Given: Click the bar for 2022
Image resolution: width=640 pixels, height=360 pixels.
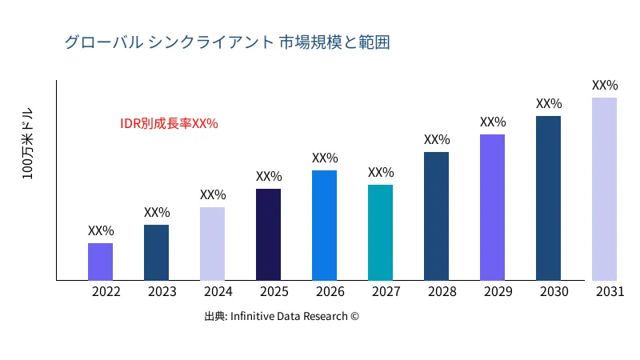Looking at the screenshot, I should click(x=100, y=262).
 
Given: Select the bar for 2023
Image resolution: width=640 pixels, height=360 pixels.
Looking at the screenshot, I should click(x=156, y=253).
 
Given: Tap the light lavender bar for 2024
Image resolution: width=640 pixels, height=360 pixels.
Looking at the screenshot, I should click(x=212, y=244).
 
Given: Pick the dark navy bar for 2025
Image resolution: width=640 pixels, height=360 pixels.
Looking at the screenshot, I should click(x=268, y=234).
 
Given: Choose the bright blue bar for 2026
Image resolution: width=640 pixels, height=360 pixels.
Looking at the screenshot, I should click(x=324, y=226).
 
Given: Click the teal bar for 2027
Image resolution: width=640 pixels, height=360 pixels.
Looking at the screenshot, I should click(x=380, y=233).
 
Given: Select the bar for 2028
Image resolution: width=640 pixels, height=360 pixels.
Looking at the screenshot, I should click(x=436, y=216).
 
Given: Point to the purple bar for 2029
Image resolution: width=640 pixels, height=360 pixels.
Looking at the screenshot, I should click(x=492, y=207).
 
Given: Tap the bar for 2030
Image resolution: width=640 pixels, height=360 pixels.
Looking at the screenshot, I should click(x=548, y=198).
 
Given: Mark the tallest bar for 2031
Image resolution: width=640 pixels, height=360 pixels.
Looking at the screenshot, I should click(x=604, y=189).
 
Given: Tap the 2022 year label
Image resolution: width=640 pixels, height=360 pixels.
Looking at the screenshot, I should click(x=106, y=292).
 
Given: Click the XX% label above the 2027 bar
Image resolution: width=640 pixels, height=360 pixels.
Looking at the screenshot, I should click(x=381, y=173).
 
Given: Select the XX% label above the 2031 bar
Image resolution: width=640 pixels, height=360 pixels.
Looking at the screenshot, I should click(x=605, y=86).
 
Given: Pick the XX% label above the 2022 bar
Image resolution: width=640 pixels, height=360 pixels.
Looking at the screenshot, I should click(x=101, y=231).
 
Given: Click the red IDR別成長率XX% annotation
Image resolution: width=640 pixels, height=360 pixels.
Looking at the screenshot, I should click(x=169, y=124).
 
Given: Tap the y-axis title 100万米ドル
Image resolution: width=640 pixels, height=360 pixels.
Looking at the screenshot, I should click(x=27, y=143).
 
